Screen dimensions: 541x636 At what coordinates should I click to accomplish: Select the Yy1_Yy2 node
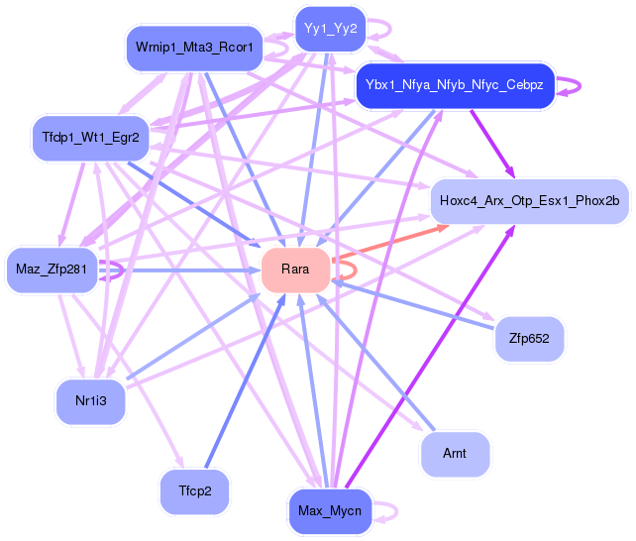(329, 29)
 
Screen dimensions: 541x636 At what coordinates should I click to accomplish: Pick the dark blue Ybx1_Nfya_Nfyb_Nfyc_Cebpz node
(455, 86)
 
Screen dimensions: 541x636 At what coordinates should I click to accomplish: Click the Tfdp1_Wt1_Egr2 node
(90, 136)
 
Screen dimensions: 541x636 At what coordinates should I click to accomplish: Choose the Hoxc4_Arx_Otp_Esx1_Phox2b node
(529, 201)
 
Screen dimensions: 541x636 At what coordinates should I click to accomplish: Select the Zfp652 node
(529, 339)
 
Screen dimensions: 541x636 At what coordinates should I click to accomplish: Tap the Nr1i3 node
(90, 401)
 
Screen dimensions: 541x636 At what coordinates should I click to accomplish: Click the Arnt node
(455, 455)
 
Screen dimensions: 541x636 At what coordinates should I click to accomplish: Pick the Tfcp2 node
(194, 491)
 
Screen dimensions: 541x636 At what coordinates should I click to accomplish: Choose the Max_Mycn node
(329, 511)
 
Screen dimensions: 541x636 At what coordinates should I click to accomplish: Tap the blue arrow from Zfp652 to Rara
(416, 307)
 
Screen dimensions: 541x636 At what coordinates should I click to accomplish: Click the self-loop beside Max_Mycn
(391, 511)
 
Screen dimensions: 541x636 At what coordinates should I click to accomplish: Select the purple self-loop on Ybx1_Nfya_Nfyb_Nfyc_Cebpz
(573, 86)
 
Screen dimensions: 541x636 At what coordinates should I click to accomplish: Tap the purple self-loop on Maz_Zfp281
(117, 269)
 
